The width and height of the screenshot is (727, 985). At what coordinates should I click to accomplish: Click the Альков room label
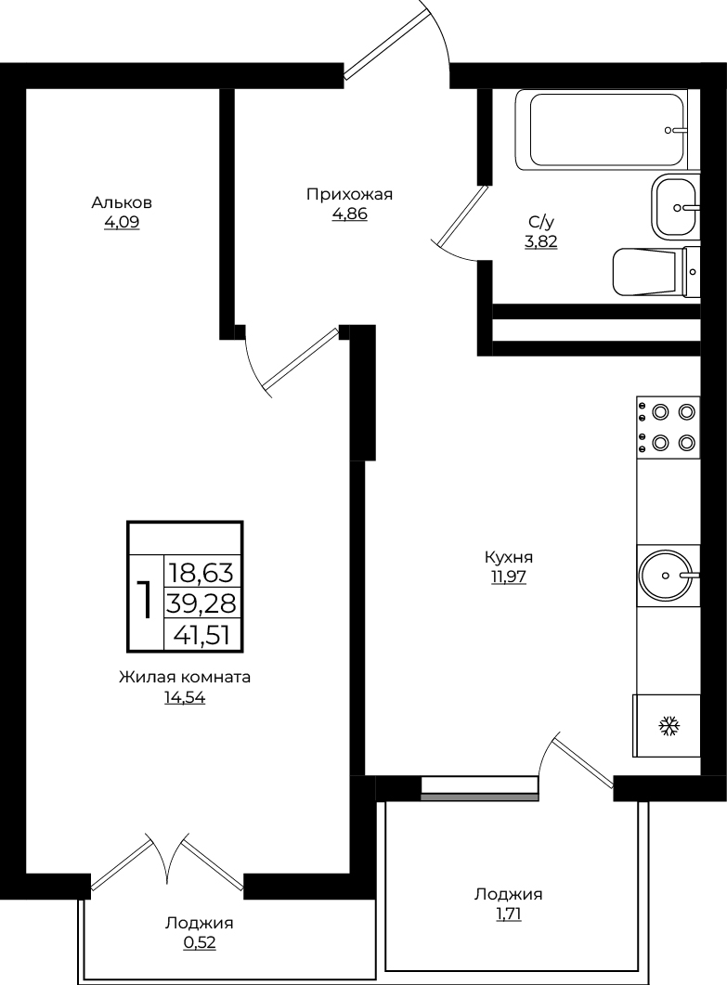[122, 203]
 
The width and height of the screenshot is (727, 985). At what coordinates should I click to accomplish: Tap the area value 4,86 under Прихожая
[349, 214]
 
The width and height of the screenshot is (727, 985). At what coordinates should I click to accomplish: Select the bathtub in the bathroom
[607, 129]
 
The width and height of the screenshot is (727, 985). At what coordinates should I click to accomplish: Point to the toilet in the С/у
[656, 271]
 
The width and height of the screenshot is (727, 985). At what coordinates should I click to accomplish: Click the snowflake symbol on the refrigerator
[669, 727]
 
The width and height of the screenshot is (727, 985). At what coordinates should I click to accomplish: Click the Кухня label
[508, 557]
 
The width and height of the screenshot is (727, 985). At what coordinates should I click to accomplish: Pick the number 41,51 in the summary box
[201, 635]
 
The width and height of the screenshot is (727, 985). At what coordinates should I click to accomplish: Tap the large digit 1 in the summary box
[145, 600]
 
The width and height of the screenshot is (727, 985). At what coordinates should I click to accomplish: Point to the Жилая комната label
[185, 678]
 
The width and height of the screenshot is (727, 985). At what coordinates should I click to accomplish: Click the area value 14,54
[185, 698]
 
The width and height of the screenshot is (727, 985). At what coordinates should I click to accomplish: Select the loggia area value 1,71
[508, 914]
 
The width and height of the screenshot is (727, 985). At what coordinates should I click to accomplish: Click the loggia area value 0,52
[200, 943]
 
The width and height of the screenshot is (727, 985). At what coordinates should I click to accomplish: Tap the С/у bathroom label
[541, 222]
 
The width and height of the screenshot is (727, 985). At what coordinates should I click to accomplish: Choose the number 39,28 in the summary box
[201, 603]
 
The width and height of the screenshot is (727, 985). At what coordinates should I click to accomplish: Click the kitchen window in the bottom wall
[479, 788]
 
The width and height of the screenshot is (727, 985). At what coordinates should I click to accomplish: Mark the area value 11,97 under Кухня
[508, 577]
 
